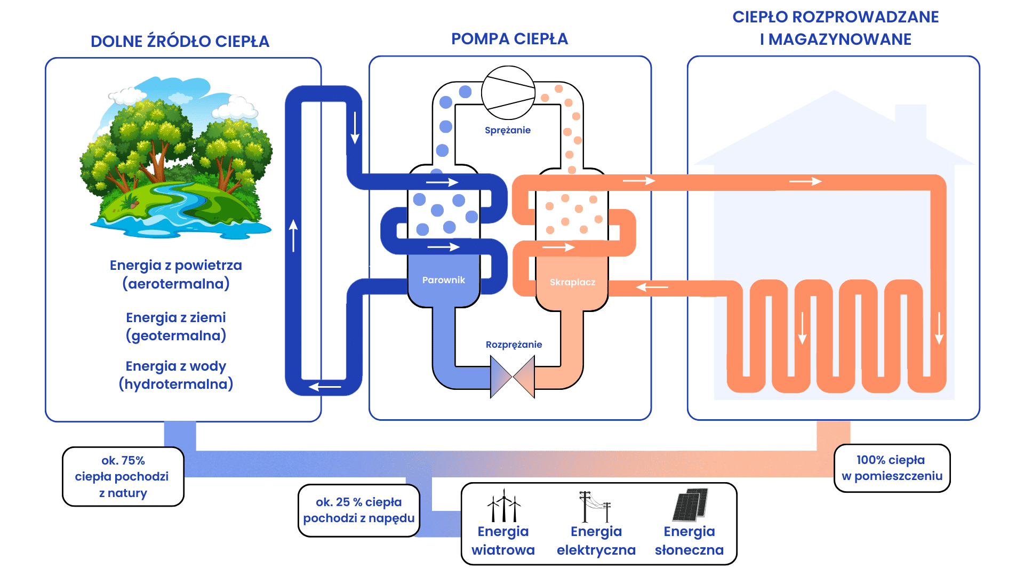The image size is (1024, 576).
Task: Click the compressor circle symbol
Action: (508, 93)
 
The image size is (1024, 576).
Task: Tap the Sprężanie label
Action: (508, 130)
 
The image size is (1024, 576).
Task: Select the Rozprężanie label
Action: (514, 345)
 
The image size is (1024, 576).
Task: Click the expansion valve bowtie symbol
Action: (513, 377)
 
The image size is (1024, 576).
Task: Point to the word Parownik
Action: (443, 280)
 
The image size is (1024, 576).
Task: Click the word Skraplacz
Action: (572, 282)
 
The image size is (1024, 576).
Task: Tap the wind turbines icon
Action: (503, 506)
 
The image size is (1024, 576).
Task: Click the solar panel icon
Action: (690, 505)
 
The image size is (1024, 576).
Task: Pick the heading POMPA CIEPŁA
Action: (509, 39)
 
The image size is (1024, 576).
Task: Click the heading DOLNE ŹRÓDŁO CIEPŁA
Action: (180, 42)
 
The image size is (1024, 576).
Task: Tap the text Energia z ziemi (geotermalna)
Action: (176, 326)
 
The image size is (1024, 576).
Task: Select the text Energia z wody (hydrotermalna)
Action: (176, 375)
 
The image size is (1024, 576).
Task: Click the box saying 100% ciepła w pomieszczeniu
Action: (892, 468)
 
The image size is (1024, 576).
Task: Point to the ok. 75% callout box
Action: (123, 476)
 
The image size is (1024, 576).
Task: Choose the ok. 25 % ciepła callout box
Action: (358, 510)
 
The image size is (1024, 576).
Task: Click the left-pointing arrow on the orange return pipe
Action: (652, 287)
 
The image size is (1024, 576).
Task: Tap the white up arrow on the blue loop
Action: (293, 235)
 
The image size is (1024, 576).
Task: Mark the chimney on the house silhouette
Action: (910, 120)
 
